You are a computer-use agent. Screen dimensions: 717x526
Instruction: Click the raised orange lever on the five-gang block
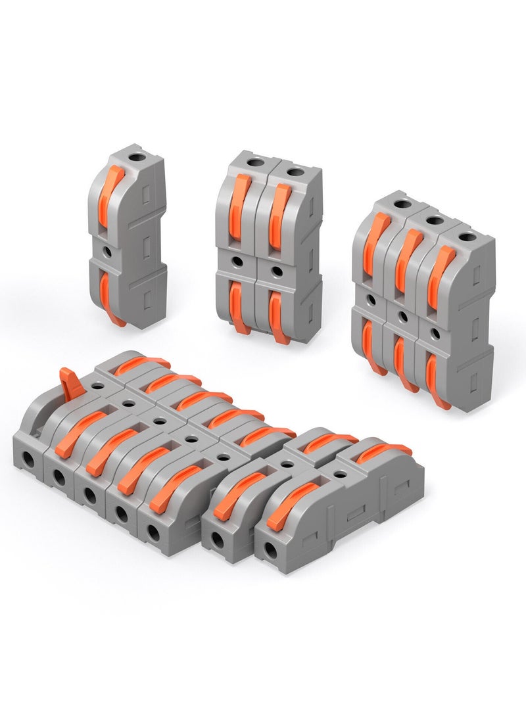point(70,383)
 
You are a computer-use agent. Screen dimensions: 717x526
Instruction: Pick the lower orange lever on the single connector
point(108,297)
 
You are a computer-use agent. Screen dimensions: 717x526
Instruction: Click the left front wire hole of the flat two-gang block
point(216,540)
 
